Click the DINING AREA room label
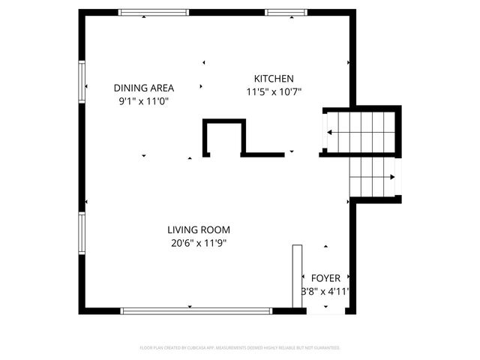(x=144, y=88)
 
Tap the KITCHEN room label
(x=274, y=79)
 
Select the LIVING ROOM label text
(x=199, y=230)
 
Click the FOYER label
(x=325, y=278)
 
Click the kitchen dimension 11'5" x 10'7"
(x=274, y=92)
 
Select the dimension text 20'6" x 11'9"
(x=199, y=243)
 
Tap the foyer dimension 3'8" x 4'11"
(x=325, y=292)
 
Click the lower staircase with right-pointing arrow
(x=373, y=177)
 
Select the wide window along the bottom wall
(x=196, y=310)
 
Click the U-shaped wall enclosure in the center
(x=223, y=136)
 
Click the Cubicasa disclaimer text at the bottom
(x=240, y=348)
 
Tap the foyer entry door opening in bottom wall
(x=326, y=310)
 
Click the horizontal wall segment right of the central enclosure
(x=262, y=154)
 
